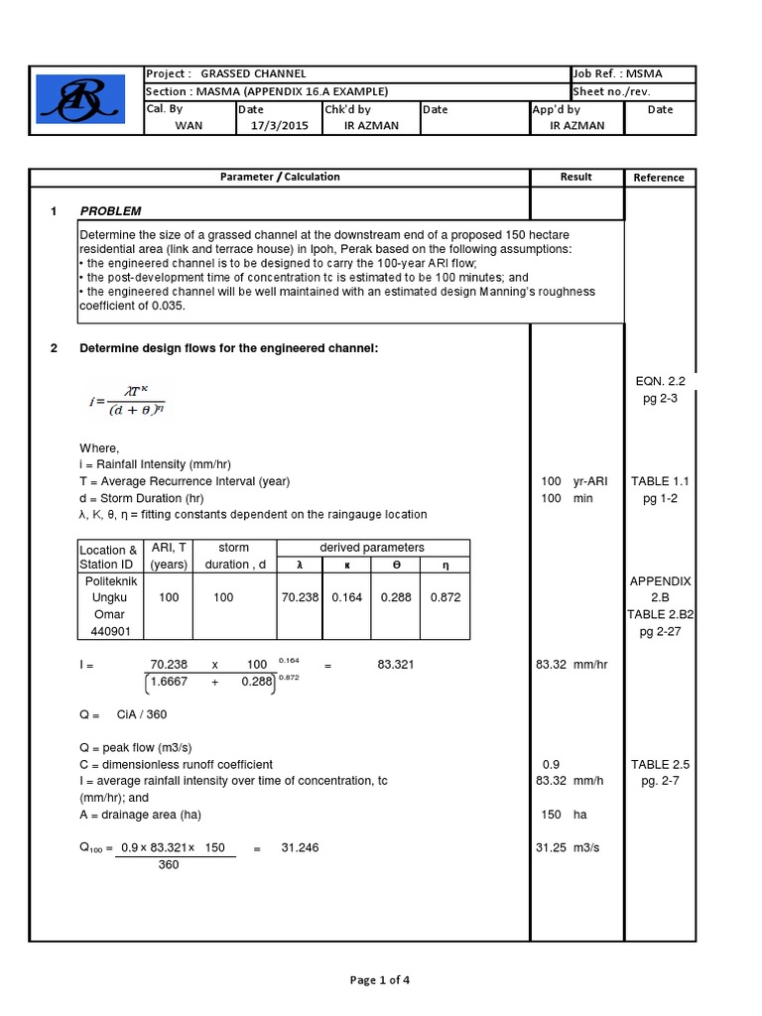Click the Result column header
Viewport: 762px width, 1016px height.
[x=575, y=177]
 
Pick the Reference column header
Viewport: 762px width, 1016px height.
[x=659, y=178]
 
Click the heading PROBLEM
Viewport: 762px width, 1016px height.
[x=110, y=211]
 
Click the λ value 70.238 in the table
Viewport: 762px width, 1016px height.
[x=299, y=598]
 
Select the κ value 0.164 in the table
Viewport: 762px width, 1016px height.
[x=347, y=598]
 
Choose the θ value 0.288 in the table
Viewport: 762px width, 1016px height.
[x=397, y=598]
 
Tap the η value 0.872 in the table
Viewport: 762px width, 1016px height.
[x=444, y=598]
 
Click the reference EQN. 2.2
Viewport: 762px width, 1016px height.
[x=660, y=381]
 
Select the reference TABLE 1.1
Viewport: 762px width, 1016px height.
[x=660, y=481]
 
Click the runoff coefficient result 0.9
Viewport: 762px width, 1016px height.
[x=551, y=765]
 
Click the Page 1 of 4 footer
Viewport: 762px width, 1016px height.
[x=380, y=980]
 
